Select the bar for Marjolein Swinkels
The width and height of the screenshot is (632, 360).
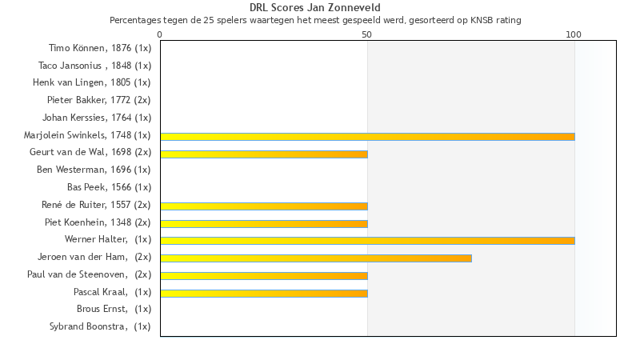point(367,137)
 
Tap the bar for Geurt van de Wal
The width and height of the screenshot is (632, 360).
point(264,154)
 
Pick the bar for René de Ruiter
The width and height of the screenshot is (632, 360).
point(264,206)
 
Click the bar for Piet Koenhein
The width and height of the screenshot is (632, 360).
point(264,223)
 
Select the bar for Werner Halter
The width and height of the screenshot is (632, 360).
point(367,240)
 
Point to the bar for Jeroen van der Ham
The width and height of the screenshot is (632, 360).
point(316,258)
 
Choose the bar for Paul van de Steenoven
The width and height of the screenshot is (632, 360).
point(264,275)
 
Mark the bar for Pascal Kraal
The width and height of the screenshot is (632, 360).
point(264,293)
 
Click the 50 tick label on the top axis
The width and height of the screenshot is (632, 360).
point(367,34)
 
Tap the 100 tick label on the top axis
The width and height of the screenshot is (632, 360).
point(574,34)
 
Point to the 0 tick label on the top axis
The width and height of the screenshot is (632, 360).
point(160,34)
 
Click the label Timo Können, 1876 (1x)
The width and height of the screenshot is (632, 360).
point(100,49)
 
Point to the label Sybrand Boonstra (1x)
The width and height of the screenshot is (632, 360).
point(100,326)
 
